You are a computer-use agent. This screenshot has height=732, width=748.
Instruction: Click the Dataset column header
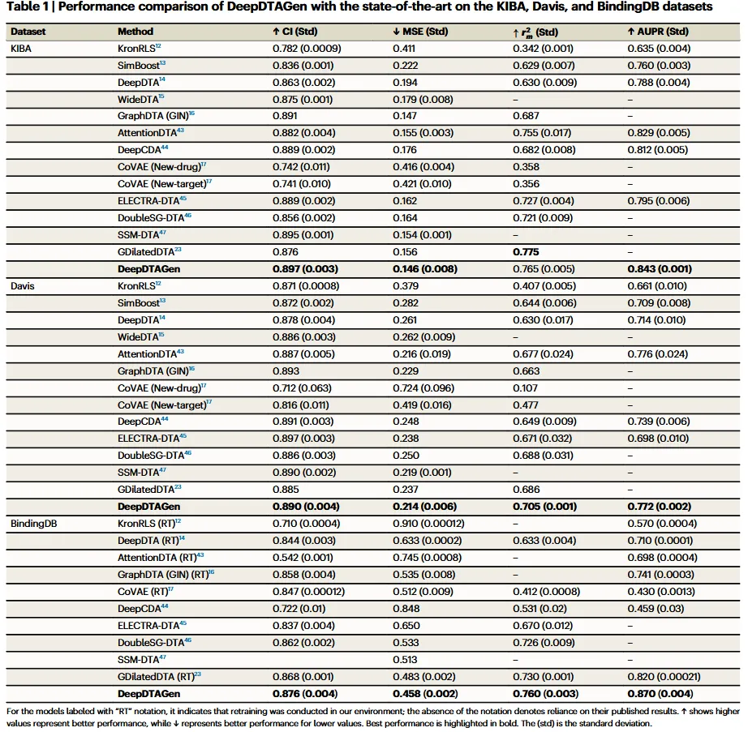tap(28, 32)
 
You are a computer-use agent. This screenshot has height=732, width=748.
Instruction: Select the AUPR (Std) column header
tap(658, 32)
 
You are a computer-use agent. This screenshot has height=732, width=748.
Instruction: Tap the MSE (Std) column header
tap(420, 32)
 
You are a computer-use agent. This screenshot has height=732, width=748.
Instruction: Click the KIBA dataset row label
tap(20, 49)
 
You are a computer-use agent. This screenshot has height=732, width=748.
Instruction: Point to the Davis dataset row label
tap(23, 286)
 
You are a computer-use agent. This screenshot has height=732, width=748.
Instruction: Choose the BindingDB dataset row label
tap(33, 524)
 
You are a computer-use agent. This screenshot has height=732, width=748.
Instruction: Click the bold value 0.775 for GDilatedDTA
tap(526, 251)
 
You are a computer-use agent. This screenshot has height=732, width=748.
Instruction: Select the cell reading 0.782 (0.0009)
tap(307, 49)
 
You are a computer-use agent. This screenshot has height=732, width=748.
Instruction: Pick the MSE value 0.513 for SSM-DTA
tap(405, 660)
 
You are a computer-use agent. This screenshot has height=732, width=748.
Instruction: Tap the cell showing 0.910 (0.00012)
tap(428, 524)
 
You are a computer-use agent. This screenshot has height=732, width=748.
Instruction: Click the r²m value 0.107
tap(525, 388)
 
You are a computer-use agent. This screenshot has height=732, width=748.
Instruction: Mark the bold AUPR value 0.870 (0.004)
tap(660, 693)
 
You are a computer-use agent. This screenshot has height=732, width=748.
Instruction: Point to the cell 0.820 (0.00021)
tap(664, 677)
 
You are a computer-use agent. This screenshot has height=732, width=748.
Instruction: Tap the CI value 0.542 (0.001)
tap(303, 558)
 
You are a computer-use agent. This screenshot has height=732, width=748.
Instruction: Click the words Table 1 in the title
tap(27, 6)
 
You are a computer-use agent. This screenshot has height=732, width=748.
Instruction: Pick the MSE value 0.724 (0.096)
tap(423, 388)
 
